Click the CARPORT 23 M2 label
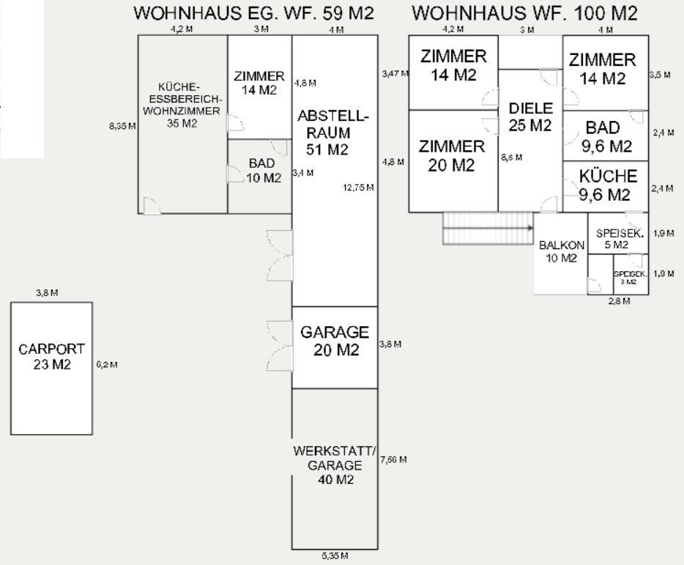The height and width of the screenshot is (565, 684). click(51, 357)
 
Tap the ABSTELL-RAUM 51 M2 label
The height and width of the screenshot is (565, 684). click(333, 133)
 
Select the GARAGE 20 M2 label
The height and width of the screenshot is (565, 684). click(335, 341)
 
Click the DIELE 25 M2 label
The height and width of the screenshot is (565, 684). click(529, 117)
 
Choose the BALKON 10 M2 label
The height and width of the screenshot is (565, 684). click(561, 251)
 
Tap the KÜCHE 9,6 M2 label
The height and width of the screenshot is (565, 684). click(607, 185)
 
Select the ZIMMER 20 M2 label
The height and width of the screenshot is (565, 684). click(451, 155)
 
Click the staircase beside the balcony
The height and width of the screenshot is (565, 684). click(488, 227)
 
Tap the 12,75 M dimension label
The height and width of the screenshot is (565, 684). click(358, 188)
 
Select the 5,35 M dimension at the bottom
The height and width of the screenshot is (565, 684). click(334, 557)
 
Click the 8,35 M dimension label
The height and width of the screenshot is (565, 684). click(122, 126)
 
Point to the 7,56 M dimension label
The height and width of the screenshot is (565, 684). click(393, 459)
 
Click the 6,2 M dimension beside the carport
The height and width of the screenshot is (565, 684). click(107, 364)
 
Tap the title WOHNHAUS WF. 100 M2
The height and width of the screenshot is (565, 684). click(524, 13)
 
